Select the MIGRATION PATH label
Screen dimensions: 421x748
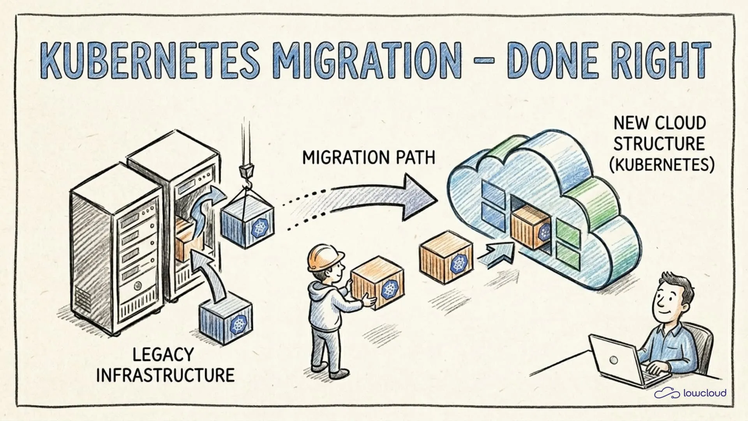(x=369, y=157)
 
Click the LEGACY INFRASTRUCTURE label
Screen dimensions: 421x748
(x=165, y=365)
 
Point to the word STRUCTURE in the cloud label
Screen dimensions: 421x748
(x=659, y=143)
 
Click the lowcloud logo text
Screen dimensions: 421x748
(x=705, y=393)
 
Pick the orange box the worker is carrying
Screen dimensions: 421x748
(x=377, y=282)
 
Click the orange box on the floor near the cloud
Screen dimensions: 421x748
(x=446, y=256)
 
